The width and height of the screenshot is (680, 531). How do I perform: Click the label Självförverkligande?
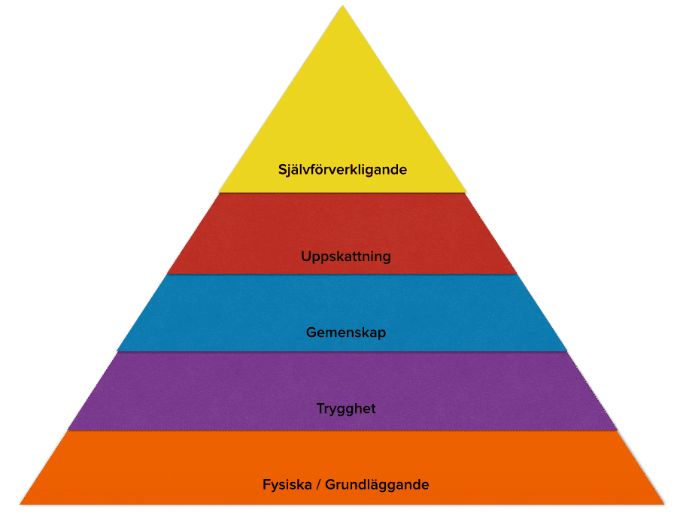coord(342,170)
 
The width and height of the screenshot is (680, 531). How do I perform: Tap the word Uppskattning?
coord(345,257)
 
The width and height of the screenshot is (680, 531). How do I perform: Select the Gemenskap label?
coord(345,332)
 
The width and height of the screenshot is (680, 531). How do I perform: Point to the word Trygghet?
coord(345,409)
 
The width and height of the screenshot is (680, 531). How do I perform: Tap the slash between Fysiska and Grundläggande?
coord(318,485)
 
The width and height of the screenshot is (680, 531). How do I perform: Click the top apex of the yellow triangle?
coord(343,7)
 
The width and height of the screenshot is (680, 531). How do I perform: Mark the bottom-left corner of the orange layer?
coord(21,503)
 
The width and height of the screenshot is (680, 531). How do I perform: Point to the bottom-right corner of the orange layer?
coord(663,503)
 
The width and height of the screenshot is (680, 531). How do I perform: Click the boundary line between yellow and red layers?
coord(342,193)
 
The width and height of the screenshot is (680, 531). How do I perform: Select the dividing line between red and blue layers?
coord(342,274)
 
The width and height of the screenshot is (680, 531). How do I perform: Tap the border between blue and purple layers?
coord(342,352)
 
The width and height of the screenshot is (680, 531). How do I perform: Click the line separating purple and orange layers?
coord(342,431)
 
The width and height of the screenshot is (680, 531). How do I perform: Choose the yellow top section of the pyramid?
coord(342,113)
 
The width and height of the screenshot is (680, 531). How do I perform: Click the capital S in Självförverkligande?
coord(282,169)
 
